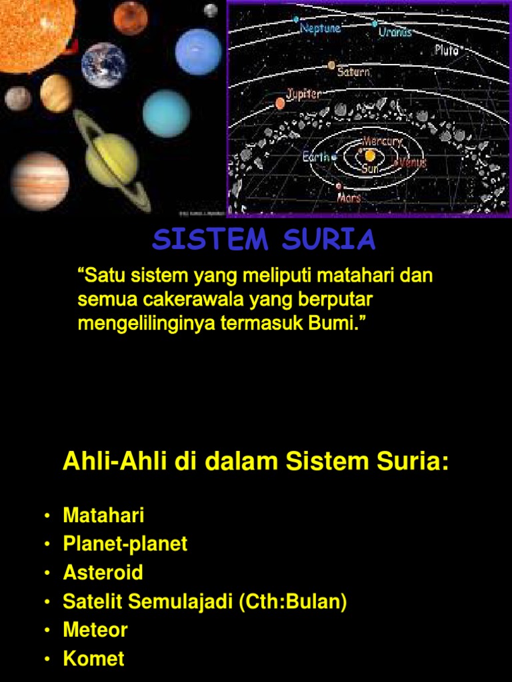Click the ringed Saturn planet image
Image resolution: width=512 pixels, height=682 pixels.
(x=111, y=160)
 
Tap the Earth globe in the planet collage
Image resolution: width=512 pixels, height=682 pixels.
(x=103, y=65)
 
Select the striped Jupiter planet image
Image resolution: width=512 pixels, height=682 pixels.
(x=40, y=180)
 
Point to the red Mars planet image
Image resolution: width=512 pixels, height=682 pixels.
(x=130, y=18)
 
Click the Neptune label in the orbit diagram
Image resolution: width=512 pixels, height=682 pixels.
(x=321, y=28)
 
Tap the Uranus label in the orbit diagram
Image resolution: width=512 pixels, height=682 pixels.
(x=395, y=31)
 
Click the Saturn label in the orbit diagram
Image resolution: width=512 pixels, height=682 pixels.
(x=353, y=71)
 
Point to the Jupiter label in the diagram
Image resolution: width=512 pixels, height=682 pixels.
(x=304, y=94)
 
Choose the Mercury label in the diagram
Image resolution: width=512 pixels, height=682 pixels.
(x=382, y=141)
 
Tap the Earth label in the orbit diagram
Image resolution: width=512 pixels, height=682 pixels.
(x=316, y=157)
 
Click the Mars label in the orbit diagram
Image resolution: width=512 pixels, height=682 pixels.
(x=349, y=198)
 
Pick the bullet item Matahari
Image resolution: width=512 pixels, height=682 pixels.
(x=103, y=515)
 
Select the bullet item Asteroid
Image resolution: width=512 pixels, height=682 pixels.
(x=103, y=573)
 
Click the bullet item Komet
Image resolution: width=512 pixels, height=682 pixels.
(x=93, y=659)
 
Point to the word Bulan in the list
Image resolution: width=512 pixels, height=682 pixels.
(x=316, y=601)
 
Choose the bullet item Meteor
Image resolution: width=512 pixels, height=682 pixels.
(x=95, y=630)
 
